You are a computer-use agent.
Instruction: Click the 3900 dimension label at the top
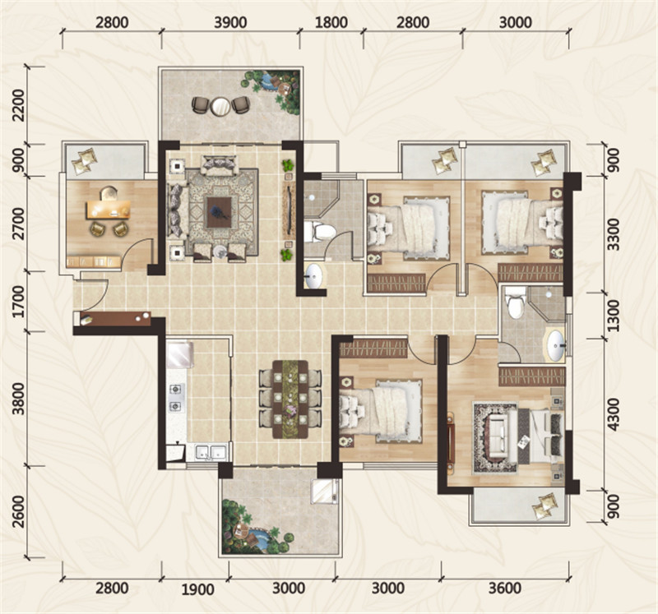[x=230, y=22]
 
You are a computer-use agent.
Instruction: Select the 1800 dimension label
[x=331, y=22]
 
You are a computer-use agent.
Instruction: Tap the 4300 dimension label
[x=613, y=415]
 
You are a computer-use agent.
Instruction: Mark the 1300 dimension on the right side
[x=613, y=316]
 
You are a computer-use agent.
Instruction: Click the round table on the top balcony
[x=220, y=106]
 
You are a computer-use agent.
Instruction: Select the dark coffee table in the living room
[x=219, y=212]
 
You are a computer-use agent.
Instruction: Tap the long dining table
[x=290, y=399]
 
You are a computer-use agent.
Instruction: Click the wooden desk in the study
[x=108, y=210]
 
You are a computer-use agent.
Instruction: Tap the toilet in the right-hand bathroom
[x=516, y=302]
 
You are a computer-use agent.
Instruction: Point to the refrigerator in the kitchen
[x=180, y=355]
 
